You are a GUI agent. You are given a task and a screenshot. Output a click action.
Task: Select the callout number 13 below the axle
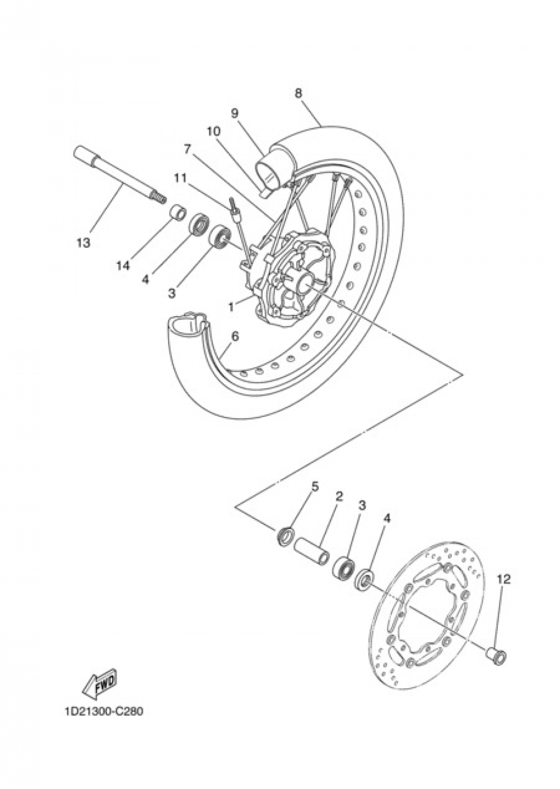point(83,243)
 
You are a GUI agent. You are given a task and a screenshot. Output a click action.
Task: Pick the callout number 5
point(315,486)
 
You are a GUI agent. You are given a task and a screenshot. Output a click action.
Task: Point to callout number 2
point(339,496)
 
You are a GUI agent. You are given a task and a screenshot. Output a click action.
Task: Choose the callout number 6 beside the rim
point(235,336)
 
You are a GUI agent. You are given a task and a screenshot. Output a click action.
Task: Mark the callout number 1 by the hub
point(230,307)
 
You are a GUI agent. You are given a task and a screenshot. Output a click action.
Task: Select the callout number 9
point(235,113)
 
